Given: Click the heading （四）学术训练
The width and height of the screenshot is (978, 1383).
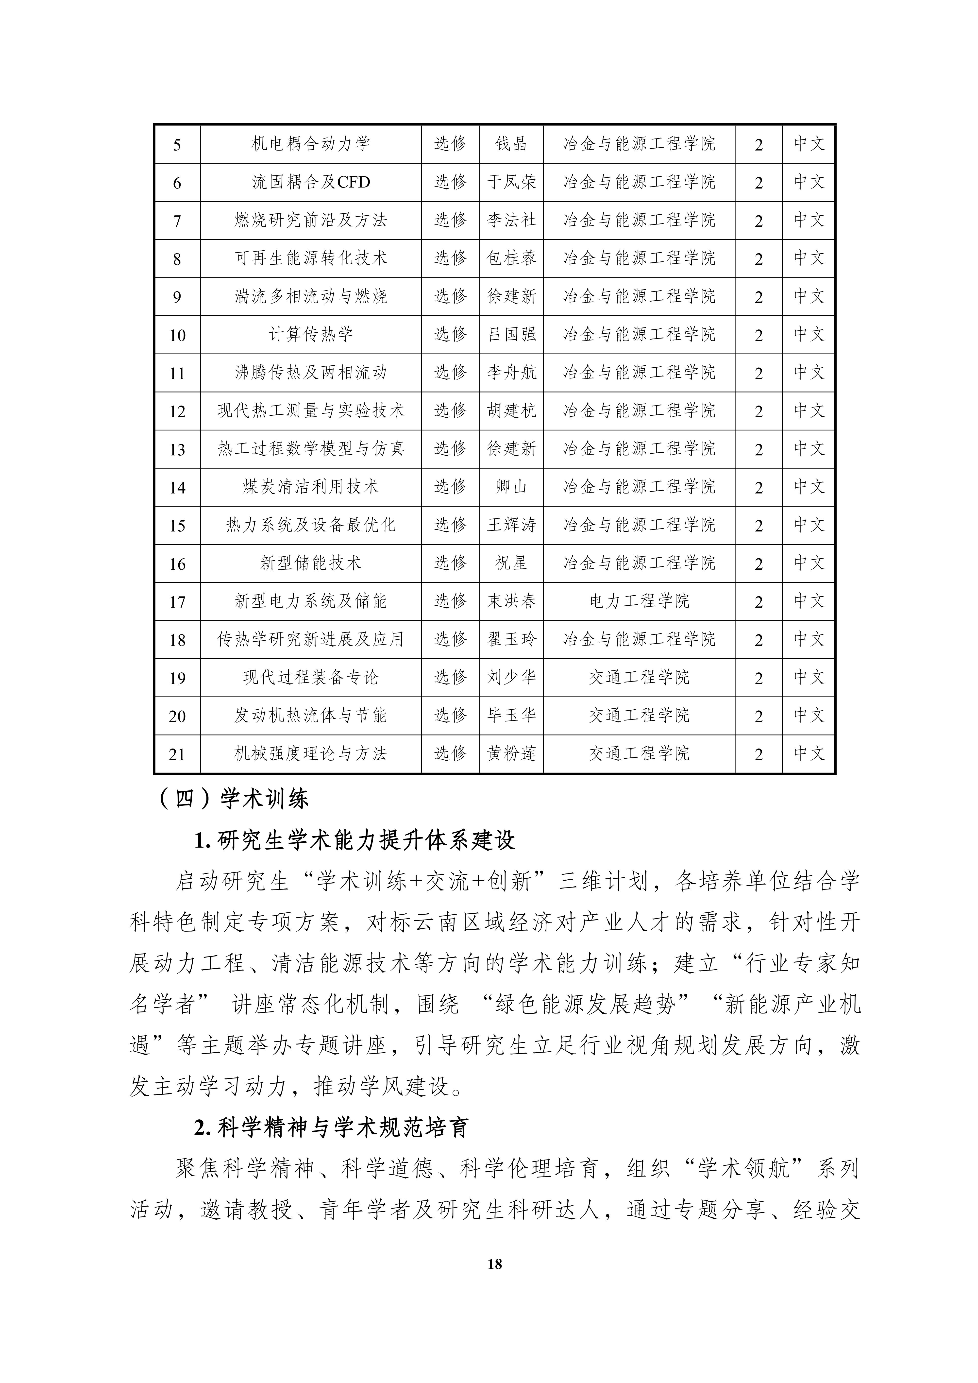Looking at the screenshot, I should pos(234,799).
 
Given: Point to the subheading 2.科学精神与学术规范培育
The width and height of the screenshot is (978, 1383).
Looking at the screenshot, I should pos(331,1127).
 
